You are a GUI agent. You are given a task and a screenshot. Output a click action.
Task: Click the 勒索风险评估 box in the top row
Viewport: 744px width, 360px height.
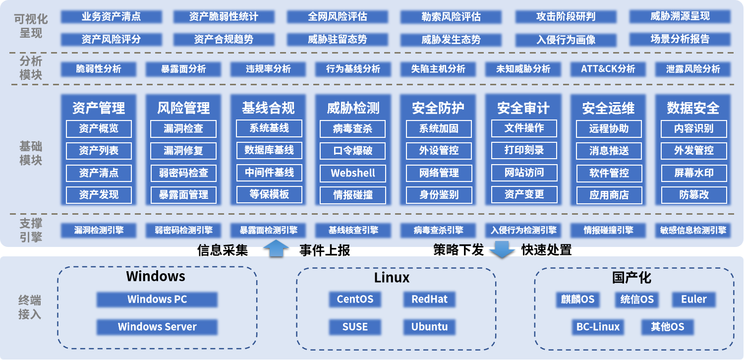(451, 16)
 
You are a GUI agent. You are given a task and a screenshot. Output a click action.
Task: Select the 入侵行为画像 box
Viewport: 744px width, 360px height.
(566, 40)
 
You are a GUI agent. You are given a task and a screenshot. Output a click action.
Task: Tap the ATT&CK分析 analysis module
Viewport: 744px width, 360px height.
(608, 69)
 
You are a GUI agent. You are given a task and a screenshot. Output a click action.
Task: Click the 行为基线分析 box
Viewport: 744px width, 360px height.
(353, 69)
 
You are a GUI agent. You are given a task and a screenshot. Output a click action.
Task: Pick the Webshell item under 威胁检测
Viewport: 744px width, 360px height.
(353, 173)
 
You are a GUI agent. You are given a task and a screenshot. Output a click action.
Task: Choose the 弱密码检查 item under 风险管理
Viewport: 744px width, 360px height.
(183, 173)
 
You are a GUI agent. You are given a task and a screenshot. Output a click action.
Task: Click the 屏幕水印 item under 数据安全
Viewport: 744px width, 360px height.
(693, 173)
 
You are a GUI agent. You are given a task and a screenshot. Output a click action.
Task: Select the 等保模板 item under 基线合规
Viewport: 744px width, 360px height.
(269, 194)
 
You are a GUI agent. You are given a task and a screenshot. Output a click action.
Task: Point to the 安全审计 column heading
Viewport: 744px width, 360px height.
(523, 108)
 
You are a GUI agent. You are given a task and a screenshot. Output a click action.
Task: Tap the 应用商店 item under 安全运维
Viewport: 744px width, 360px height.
(609, 195)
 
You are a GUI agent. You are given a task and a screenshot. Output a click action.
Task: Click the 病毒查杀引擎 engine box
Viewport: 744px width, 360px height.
(438, 230)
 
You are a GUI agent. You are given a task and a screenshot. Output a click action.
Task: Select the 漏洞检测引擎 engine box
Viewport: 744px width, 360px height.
(99, 230)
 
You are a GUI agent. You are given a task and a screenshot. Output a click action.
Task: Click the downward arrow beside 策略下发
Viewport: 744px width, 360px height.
(502, 249)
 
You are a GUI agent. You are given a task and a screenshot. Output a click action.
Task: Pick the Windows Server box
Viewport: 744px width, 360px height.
(157, 327)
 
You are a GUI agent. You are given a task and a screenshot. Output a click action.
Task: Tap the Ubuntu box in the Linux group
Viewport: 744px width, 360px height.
(429, 327)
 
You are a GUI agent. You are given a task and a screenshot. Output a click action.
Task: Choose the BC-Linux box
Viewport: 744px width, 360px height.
(597, 327)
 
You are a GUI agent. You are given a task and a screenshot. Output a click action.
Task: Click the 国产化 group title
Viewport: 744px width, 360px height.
(631, 277)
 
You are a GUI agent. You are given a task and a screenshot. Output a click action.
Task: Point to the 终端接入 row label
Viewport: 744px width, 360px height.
(30, 307)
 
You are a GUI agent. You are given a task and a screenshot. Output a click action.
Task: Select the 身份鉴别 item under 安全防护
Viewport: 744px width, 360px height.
(439, 195)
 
